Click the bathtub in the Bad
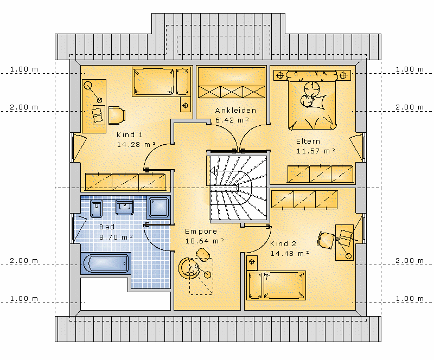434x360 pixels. [105, 263]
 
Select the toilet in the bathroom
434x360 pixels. [96, 208]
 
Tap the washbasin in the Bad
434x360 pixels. [125, 207]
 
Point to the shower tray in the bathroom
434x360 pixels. [158, 207]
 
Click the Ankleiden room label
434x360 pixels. [235, 111]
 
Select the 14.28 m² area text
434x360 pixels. [136, 144]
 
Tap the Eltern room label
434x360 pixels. [308, 142]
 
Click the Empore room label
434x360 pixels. [201, 232]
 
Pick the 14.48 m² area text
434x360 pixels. [290, 254]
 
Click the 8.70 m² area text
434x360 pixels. [116, 237]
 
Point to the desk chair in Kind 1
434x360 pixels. [117, 115]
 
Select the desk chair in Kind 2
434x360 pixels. [326, 240]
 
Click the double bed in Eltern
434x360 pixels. [312, 100]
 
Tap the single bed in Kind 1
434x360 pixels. [162, 82]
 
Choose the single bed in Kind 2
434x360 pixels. [276, 286]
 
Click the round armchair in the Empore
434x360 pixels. [188, 268]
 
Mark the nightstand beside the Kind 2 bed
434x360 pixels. [252, 262]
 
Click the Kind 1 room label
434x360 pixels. [129, 135]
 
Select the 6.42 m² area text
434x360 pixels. [232, 120]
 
